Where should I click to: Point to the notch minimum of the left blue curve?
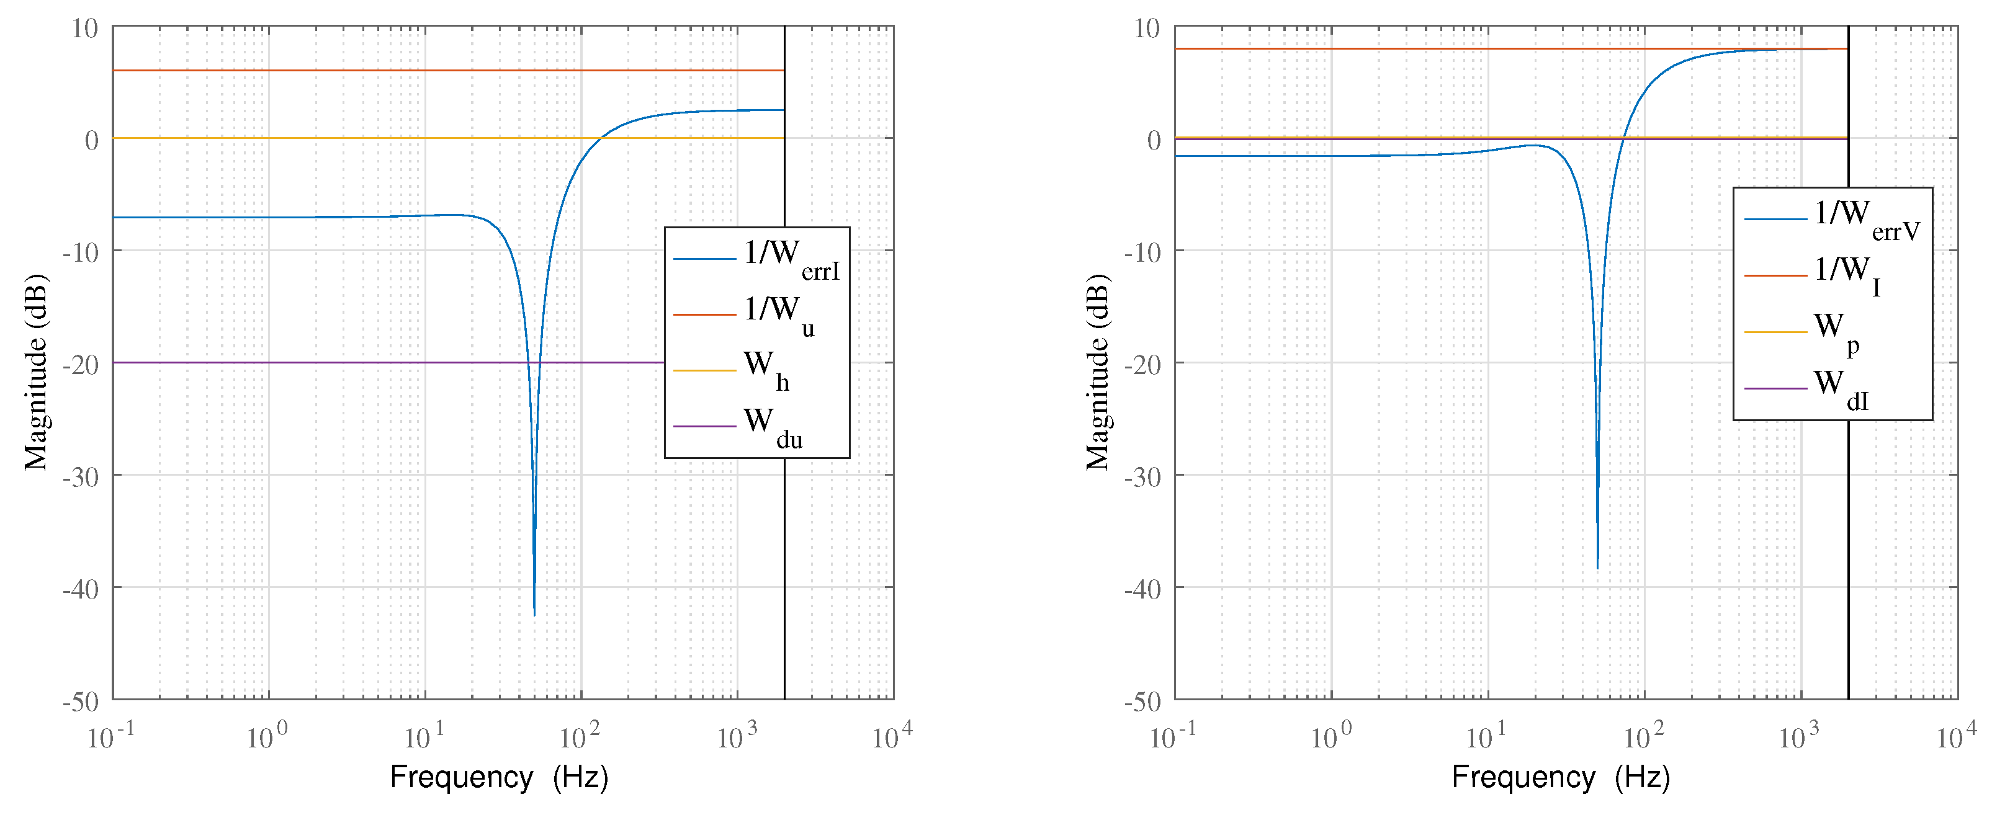pos(534,615)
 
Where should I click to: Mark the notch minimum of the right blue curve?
pos(1597,568)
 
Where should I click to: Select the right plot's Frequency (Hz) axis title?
pos(1561,777)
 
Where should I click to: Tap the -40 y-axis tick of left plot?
pos(81,589)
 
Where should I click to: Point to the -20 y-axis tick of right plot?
pos(1143,364)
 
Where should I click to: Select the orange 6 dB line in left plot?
pos(387,70)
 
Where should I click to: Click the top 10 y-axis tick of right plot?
pos(1147,29)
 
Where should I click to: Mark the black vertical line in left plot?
pos(785,580)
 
